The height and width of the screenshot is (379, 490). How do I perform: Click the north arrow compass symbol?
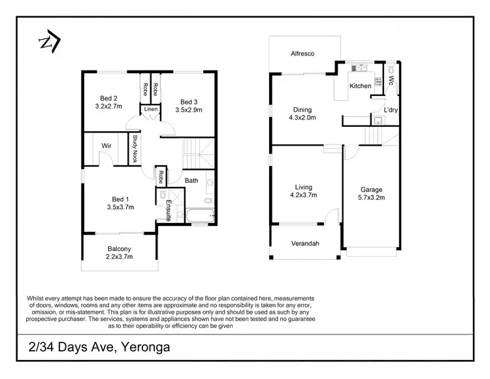click(49, 42)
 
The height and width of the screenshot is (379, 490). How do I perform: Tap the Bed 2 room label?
click(106, 99)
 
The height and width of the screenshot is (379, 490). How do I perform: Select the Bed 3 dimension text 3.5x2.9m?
click(189, 110)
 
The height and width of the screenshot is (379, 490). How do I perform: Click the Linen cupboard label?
click(150, 109)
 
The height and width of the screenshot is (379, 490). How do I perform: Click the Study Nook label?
click(135, 148)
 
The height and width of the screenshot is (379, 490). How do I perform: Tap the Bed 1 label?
click(119, 199)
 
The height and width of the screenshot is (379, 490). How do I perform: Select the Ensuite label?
click(168, 211)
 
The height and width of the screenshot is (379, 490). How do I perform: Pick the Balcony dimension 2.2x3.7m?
click(120, 257)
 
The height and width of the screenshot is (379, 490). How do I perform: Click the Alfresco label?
click(303, 55)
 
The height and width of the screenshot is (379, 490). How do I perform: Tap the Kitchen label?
click(360, 86)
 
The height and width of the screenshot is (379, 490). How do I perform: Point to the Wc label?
click(391, 82)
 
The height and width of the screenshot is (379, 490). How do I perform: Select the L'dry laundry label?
click(391, 110)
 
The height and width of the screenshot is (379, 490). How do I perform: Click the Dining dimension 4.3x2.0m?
click(302, 118)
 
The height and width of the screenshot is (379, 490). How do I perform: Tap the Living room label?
click(303, 186)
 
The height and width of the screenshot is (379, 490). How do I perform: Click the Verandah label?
click(304, 244)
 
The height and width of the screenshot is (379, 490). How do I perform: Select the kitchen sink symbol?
click(359, 68)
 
